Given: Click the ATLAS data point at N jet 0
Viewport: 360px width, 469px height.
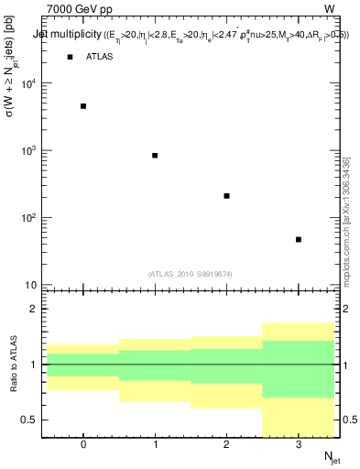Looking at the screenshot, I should (83, 106).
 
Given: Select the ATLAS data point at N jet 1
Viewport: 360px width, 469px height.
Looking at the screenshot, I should (155, 156).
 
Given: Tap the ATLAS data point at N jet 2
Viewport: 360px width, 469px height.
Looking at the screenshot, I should (226, 196).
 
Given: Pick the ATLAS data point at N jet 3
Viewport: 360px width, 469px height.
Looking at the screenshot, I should (299, 240).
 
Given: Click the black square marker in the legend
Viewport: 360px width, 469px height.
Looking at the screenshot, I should (70, 57).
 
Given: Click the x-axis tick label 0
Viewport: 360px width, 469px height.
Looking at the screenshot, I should (83, 446).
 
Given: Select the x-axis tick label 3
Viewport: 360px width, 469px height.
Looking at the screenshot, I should (299, 446).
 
